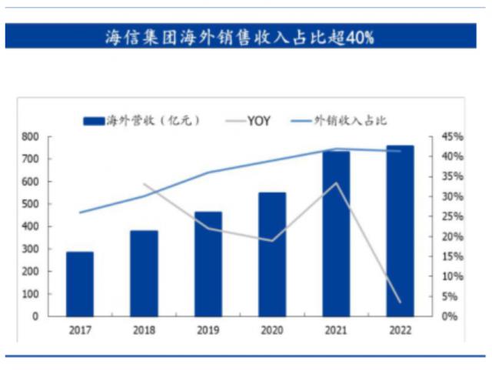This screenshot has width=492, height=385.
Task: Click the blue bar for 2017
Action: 80,284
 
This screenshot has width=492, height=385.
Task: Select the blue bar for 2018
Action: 144,273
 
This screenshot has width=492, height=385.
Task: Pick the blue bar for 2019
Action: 208,264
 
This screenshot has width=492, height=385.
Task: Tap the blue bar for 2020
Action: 272,254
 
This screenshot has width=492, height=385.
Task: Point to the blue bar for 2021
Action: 336,233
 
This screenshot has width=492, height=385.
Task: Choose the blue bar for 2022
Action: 400,231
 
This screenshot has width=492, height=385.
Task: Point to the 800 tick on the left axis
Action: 30,137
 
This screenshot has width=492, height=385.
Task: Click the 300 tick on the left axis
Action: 30,249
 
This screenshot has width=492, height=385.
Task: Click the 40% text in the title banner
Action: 358,37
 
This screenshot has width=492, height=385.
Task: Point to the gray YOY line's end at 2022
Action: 400,302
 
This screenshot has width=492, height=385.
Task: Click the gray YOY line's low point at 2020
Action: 272,240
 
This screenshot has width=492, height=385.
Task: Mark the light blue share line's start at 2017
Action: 80,213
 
